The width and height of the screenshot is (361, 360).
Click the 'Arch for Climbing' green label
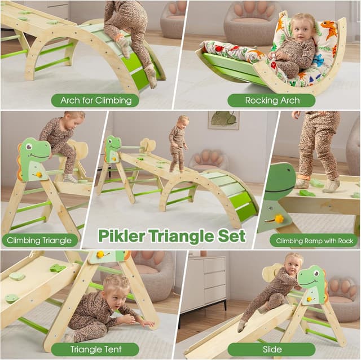pyautogui.click(x=95, y=101)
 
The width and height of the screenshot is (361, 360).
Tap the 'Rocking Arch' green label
pyautogui.click(x=271, y=101)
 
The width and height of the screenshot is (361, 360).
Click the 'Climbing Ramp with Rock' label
pyautogui.click(x=314, y=241)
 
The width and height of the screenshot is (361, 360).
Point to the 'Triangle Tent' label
pyautogui.click(x=96, y=349)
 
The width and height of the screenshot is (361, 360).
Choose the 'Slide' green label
pyautogui.click(x=271, y=349)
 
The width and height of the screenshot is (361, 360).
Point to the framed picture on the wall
pyautogui.click(x=223, y=119)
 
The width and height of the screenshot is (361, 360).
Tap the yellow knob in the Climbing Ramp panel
pyautogui.click(x=278, y=219)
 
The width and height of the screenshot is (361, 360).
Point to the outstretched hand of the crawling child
pyautogui.click(x=147, y=325)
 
